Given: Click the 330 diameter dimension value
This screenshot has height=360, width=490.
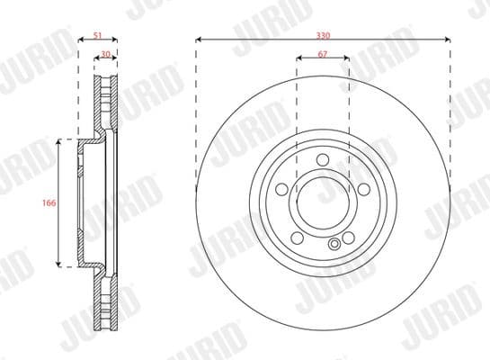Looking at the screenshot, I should (323, 32).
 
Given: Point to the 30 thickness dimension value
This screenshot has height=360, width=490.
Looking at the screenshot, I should (106, 55).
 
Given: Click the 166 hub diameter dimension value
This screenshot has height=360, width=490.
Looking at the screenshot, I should (49, 203).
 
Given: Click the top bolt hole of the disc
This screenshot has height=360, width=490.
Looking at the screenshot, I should (322, 162).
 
